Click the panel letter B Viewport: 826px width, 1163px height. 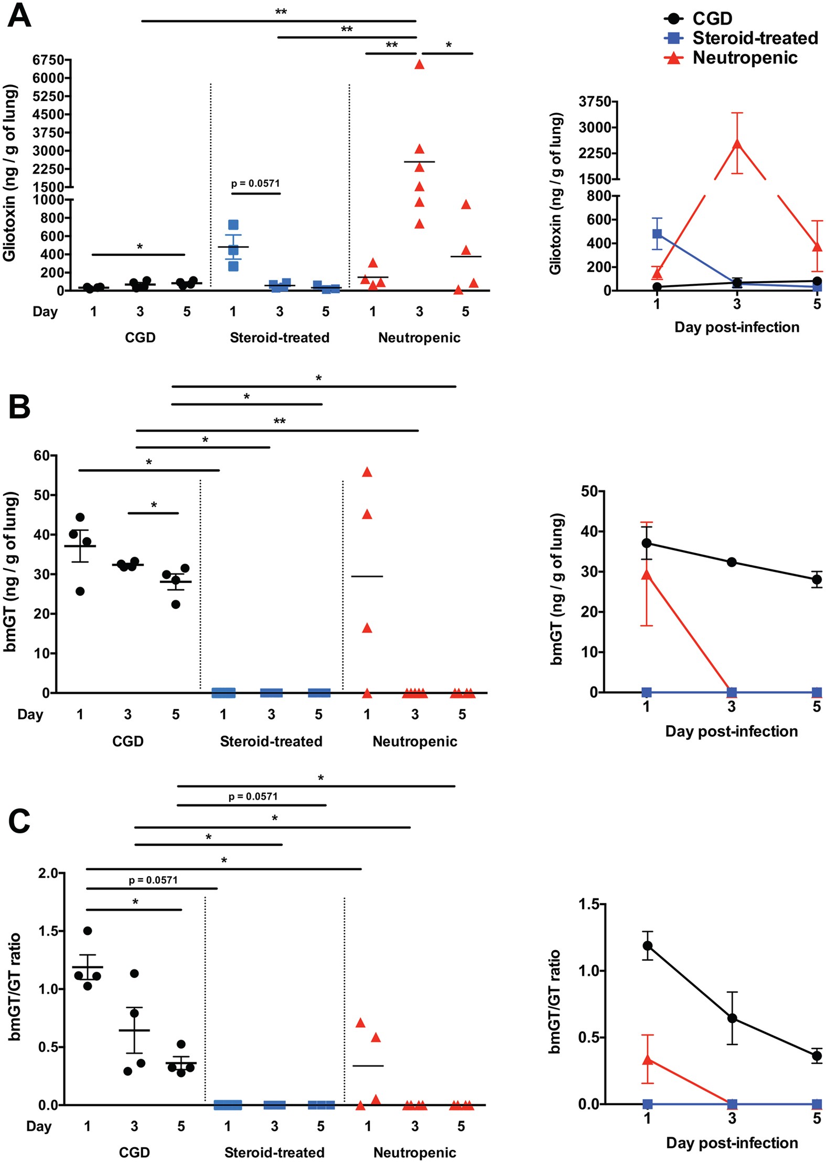(x=19, y=407)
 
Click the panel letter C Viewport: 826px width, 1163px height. (x=19, y=821)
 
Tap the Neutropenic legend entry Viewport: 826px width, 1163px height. (x=744, y=58)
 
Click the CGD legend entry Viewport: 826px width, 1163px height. (x=712, y=18)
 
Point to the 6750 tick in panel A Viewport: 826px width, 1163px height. (x=48, y=60)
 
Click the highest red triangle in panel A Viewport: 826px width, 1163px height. (x=419, y=64)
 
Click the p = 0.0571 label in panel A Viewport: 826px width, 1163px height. (x=255, y=184)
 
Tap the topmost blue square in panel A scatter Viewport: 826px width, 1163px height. (x=233, y=225)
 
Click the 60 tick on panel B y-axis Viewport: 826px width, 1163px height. (x=41, y=456)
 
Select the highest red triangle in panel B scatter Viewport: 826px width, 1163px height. (x=367, y=472)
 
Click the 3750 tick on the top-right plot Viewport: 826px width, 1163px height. (x=595, y=102)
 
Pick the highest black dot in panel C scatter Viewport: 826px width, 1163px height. (x=88, y=931)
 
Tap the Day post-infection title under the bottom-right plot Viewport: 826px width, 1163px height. (x=732, y=1143)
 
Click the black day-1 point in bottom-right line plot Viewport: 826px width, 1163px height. (x=648, y=945)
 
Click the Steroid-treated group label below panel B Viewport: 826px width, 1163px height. (x=271, y=741)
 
